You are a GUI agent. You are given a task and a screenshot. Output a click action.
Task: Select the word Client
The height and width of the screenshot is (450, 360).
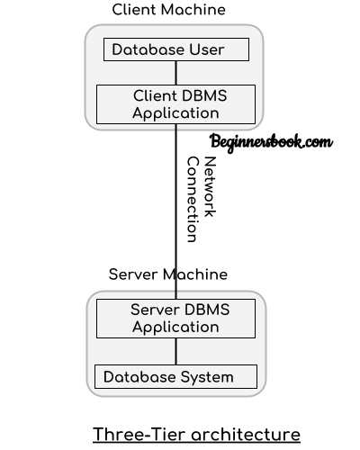click(x=155, y=96)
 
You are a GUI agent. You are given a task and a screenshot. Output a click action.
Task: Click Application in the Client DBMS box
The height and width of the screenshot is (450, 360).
click(x=175, y=113)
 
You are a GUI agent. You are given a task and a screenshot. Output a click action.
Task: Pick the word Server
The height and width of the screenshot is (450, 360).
click(x=154, y=310)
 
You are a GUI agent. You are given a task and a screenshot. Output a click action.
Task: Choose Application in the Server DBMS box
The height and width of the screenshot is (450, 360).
click(x=175, y=327)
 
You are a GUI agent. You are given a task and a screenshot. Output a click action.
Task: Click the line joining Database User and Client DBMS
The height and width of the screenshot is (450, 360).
click(x=176, y=73)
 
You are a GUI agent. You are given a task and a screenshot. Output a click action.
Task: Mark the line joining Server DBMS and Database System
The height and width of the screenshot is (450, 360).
click(x=176, y=351)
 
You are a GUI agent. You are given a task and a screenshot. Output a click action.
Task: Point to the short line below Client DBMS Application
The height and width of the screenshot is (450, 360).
click(x=176, y=127)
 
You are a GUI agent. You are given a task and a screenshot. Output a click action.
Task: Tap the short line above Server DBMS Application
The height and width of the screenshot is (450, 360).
click(x=176, y=295)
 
